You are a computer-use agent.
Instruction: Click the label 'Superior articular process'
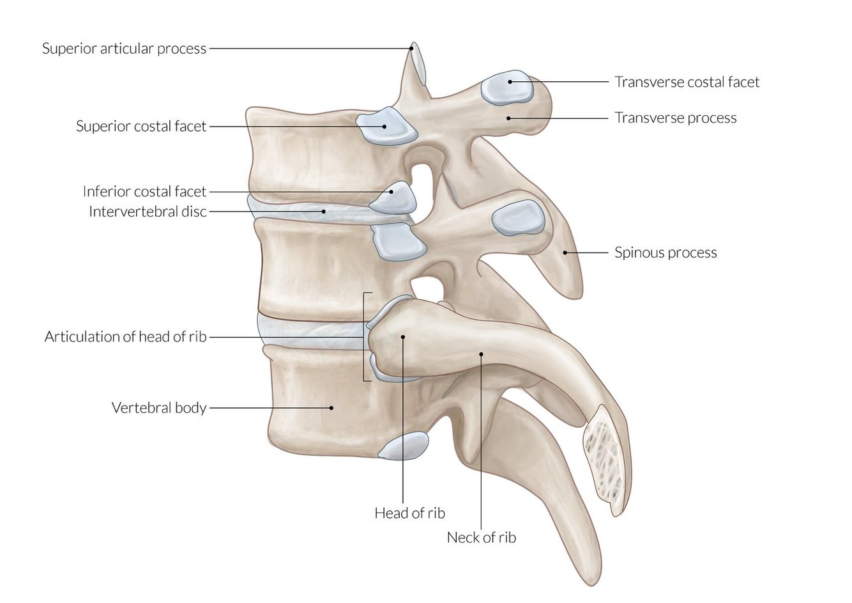(124, 49)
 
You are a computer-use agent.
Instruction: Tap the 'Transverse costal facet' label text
(687, 82)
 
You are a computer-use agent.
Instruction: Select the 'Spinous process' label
(666, 253)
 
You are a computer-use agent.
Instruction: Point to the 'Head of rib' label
(409, 513)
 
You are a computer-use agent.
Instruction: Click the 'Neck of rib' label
(481, 537)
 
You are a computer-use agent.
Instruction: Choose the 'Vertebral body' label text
(159, 407)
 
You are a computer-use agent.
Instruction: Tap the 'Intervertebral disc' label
(148, 211)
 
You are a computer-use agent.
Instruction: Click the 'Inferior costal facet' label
(144, 191)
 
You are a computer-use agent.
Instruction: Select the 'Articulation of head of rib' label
(125, 336)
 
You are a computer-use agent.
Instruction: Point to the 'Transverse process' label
(675, 118)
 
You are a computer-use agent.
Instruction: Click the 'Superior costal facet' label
(141, 126)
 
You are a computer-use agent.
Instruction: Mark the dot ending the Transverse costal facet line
(510, 82)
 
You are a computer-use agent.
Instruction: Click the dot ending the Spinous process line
(565, 253)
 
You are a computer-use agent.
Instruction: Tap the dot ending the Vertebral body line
(331, 407)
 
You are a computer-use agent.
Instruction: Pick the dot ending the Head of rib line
(403, 336)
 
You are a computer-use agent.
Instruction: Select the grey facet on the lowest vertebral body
(403, 446)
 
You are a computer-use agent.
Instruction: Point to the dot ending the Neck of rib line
(481, 353)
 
